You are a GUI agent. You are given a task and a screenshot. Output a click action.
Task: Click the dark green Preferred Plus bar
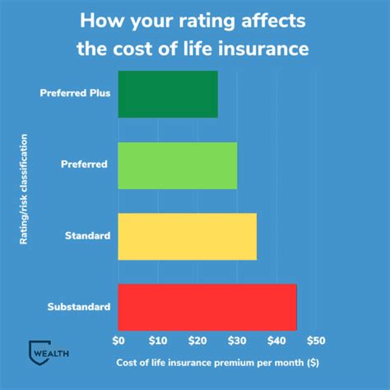(168, 94)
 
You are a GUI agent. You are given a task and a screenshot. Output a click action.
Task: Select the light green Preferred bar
(177, 165)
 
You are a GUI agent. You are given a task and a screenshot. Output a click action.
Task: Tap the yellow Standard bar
(187, 237)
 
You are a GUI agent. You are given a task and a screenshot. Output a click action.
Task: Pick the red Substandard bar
(207, 307)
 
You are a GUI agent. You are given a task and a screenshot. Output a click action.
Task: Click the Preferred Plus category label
(75, 93)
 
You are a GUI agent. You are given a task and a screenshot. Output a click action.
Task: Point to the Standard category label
(88, 237)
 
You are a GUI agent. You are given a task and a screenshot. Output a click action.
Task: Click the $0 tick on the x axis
(118, 340)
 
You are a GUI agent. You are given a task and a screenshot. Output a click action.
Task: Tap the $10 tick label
(158, 340)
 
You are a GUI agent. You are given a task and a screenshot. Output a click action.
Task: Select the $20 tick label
(197, 340)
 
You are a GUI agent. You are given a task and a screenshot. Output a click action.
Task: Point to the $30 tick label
(237, 340)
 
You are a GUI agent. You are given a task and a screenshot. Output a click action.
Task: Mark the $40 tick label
(276, 340)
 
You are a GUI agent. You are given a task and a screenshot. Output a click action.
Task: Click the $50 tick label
(316, 340)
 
